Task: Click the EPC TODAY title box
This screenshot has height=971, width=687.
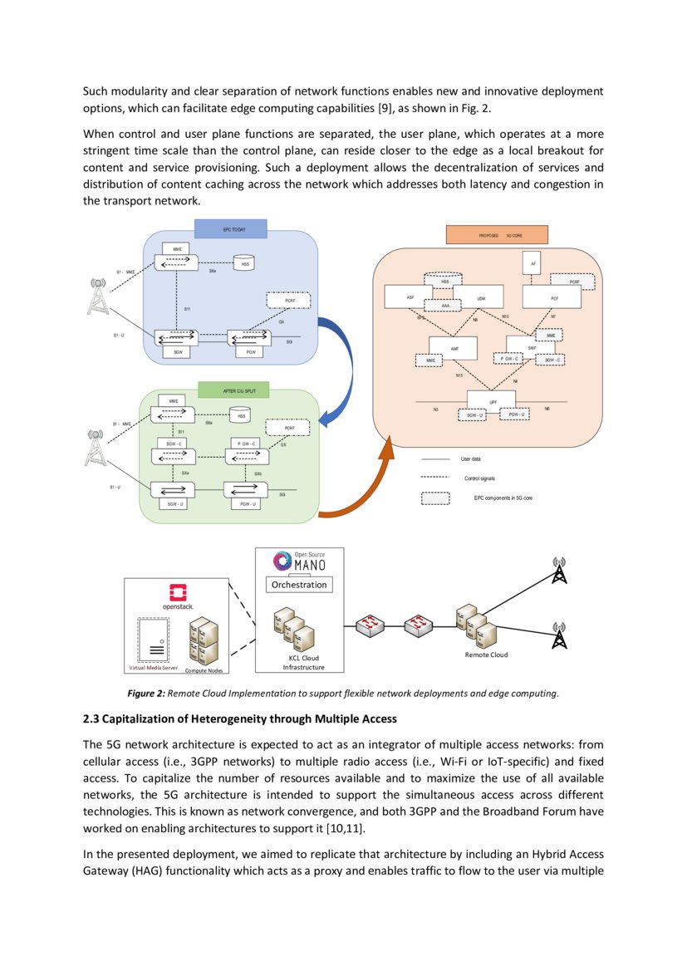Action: point(230,228)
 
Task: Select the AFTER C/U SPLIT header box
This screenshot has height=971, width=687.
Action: point(230,389)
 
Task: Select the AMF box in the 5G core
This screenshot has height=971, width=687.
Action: point(454,348)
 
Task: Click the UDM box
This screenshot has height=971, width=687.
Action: point(481,297)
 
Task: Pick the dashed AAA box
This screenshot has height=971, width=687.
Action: point(444,306)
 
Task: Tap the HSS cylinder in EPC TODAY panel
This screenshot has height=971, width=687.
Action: point(244,264)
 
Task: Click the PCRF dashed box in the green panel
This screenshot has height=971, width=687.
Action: point(286,428)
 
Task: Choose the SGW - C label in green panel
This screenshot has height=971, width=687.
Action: point(174,444)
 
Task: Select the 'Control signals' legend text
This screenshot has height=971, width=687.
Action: point(479,478)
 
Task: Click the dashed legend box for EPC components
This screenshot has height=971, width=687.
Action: point(441,499)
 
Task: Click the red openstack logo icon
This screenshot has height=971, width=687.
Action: point(177,592)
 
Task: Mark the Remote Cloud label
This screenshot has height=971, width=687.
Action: point(485,655)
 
